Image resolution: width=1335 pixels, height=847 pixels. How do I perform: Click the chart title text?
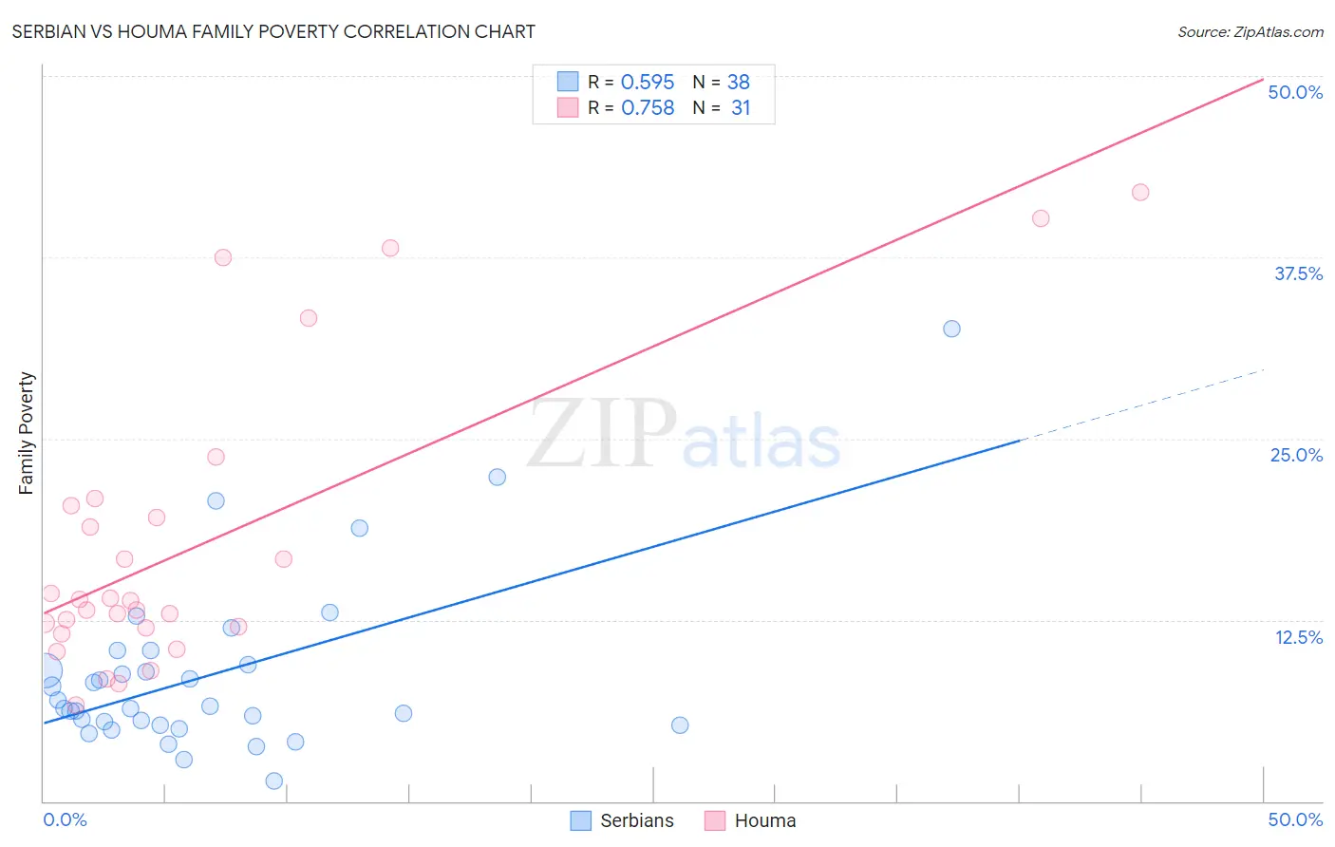(x=273, y=31)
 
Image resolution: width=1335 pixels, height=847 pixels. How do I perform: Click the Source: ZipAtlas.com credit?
(x=1250, y=32)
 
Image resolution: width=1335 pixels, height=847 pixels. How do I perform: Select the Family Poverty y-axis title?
(x=27, y=432)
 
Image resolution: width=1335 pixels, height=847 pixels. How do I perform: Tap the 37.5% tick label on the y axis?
(x=1298, y=273)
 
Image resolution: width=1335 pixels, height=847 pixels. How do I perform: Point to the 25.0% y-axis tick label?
(x=1296, y=455)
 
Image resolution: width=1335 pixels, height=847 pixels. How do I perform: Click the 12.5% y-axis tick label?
(x=1298, y=637)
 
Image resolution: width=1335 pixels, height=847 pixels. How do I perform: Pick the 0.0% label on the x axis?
(x=65, y=819)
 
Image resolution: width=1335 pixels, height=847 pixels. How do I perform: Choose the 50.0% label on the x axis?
(x=1295, y=819)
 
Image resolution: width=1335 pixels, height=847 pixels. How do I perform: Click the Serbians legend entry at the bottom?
(x=623, y=820)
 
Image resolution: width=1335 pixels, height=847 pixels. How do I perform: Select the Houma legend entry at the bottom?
(x=751, y=820)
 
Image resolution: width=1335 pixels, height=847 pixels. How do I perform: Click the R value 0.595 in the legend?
(x=648, y=83)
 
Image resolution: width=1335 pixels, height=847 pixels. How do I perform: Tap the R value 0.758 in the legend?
(x=648, y=108)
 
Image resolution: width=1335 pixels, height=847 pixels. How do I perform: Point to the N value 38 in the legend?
(x=739, y=83)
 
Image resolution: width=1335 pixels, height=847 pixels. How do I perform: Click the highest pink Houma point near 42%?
(x=1140, y=193)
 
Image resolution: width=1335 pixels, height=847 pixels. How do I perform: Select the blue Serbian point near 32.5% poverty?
(x=951, y=329)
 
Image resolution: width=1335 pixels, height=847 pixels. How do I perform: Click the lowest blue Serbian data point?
(x=274, y=781)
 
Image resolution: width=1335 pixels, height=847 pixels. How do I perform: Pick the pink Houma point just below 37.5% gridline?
(x=223, y=257)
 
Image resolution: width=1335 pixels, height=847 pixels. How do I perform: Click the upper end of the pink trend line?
(x=1262, y=79)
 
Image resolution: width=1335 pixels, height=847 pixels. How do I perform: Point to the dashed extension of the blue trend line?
(x=1139, y=405)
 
